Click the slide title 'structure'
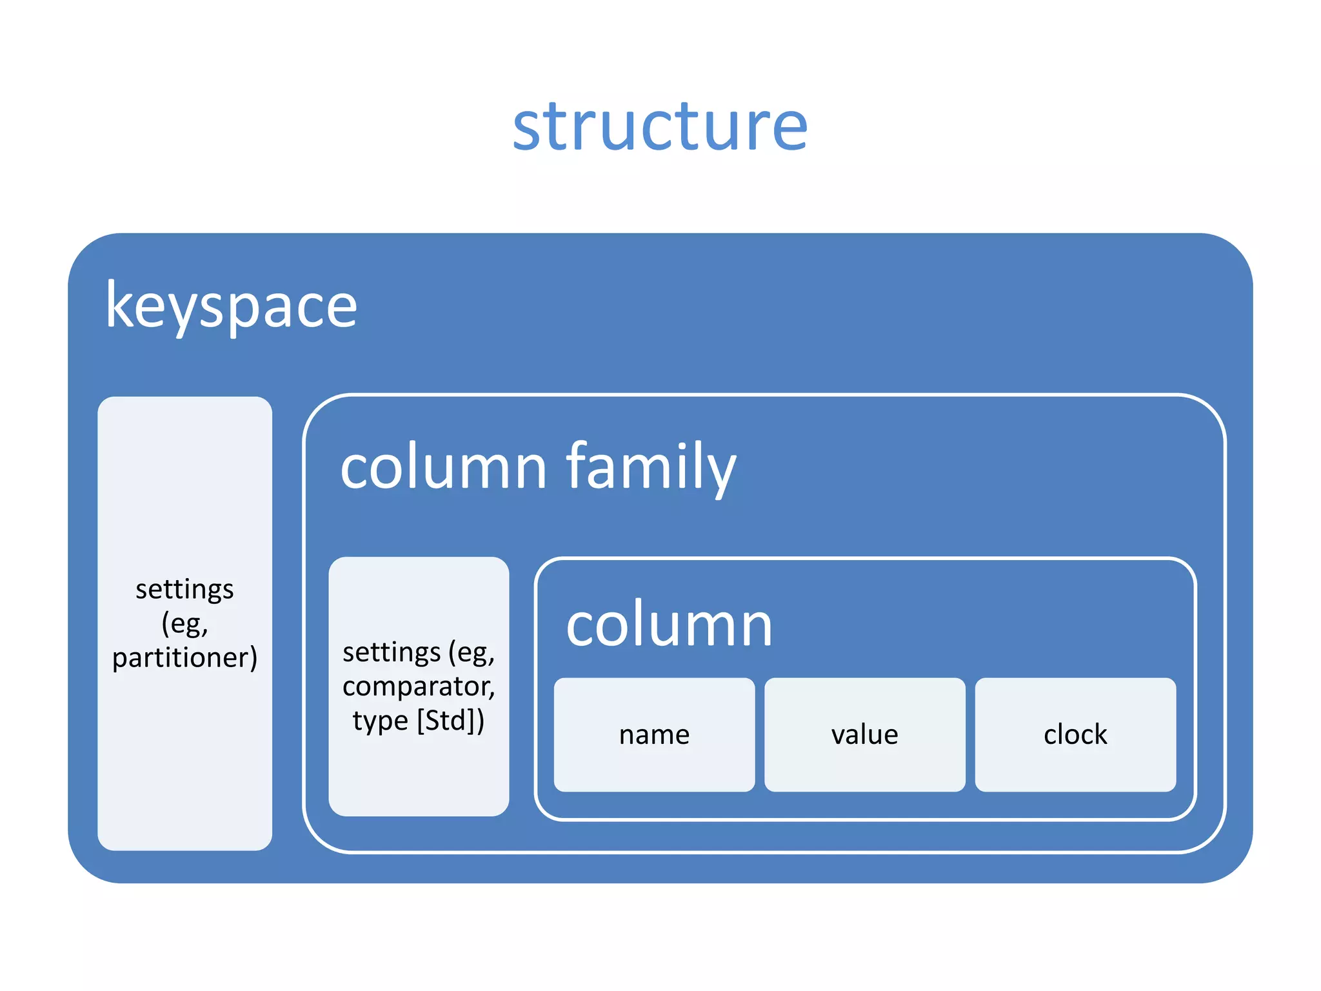(x=659, y=127)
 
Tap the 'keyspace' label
(x=231, y=306)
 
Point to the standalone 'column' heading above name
(x=669, y=625)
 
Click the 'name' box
(x=654, y=735)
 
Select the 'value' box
(x=864, y=735)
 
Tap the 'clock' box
(x=1075, y=735)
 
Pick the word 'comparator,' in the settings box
(x=419, y=686)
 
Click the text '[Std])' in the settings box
(x=451, y=720)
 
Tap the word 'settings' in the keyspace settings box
(x=184, y=590)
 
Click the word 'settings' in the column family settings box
(x=392, y=652)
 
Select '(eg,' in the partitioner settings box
(x=184, y=624)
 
